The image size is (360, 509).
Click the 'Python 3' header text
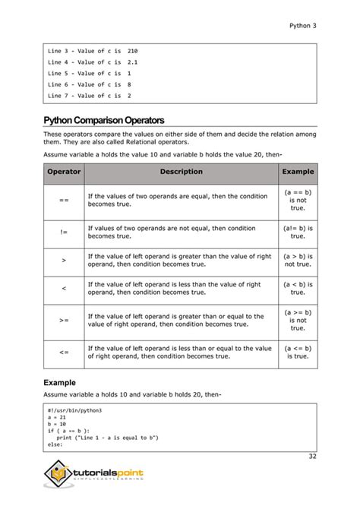click(303, 25)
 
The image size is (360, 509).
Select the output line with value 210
click(93, 50)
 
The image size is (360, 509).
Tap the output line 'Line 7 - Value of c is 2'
click(89, 96)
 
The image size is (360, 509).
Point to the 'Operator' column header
click(64, 172)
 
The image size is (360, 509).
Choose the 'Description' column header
click(181, 172)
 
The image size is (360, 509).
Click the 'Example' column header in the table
click(298, 172)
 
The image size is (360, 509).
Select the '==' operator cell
click(64, 201)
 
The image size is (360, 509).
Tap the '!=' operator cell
click(64, 231)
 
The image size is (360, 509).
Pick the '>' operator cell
click(64, 260)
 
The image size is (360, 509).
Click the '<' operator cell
click(64, 289)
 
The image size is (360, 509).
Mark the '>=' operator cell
click(64, 321)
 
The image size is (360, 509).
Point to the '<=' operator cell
click(64, 353)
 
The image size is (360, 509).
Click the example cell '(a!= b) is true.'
click(298, 231)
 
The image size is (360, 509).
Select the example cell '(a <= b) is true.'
click(298, 353)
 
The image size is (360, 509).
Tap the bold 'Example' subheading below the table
click(60, 383)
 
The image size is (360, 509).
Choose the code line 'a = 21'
click(56, 418)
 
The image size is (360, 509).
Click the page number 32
click(312, 456)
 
